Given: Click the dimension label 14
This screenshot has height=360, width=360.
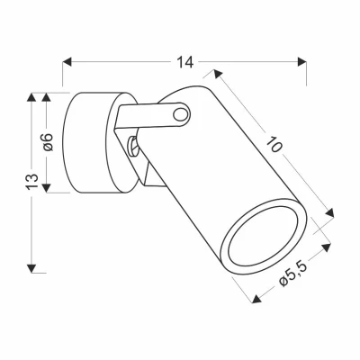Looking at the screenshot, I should point(184,62).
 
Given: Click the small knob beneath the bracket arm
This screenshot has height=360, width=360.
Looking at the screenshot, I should point(132,144).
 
